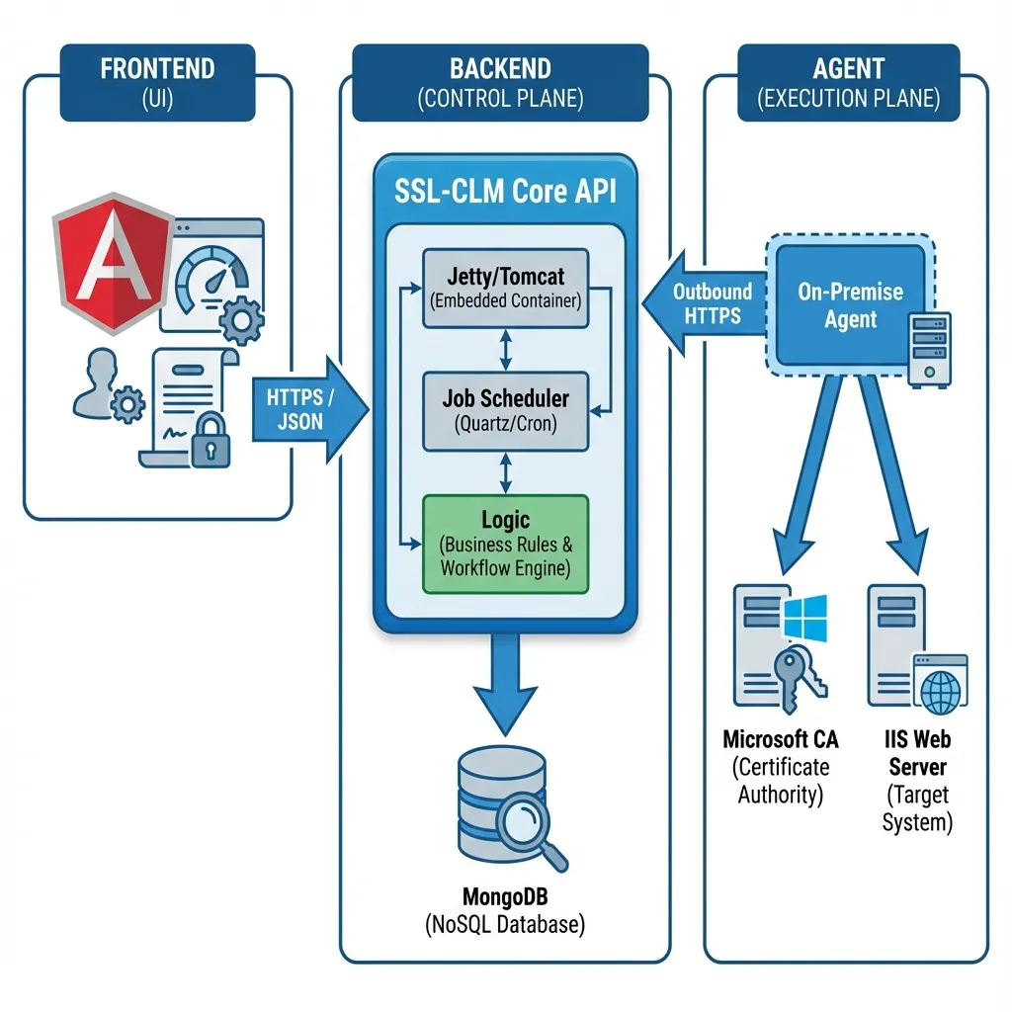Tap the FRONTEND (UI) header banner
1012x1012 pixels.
click(158, 83)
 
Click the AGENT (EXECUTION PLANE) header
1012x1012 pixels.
click(848, 83)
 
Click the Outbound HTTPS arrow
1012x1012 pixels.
click(704, 303)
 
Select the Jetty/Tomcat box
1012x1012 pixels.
click(505, 287)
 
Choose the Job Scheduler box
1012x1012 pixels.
click(505, 410)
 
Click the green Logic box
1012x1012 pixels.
click(505, 544)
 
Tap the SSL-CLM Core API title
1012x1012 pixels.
click(505, 192)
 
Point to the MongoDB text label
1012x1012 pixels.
click(505, 897)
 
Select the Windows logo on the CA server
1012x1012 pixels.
click(804, 619)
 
